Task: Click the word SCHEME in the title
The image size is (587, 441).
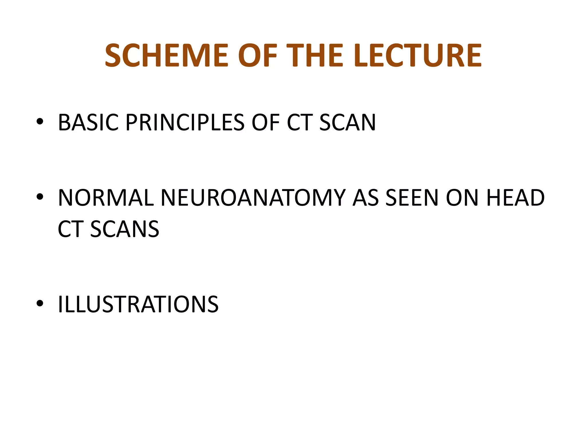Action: click(x=167, y=55)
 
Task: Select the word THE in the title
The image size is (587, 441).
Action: click(x=314, y=55)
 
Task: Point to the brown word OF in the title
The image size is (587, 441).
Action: click(x=257, y=55)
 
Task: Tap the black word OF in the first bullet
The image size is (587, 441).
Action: click(x=265, y=123)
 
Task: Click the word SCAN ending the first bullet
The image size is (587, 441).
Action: click(x=347, y=123)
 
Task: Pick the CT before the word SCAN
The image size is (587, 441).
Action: click(x=299, y=123)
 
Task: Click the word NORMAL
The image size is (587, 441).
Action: click(x=106, y=198)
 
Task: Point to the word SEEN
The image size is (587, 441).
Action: click(x=412, y=198)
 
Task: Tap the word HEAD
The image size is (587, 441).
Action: click(x=515, y=198)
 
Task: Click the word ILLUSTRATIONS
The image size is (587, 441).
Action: click(x=138, y=304)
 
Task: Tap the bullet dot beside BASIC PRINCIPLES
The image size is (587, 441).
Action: click(x=40, y=122)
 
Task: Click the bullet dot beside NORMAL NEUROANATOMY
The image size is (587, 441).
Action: click(x=40, y=197)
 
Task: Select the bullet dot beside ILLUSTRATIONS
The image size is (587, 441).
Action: click(x=40, y=303)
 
